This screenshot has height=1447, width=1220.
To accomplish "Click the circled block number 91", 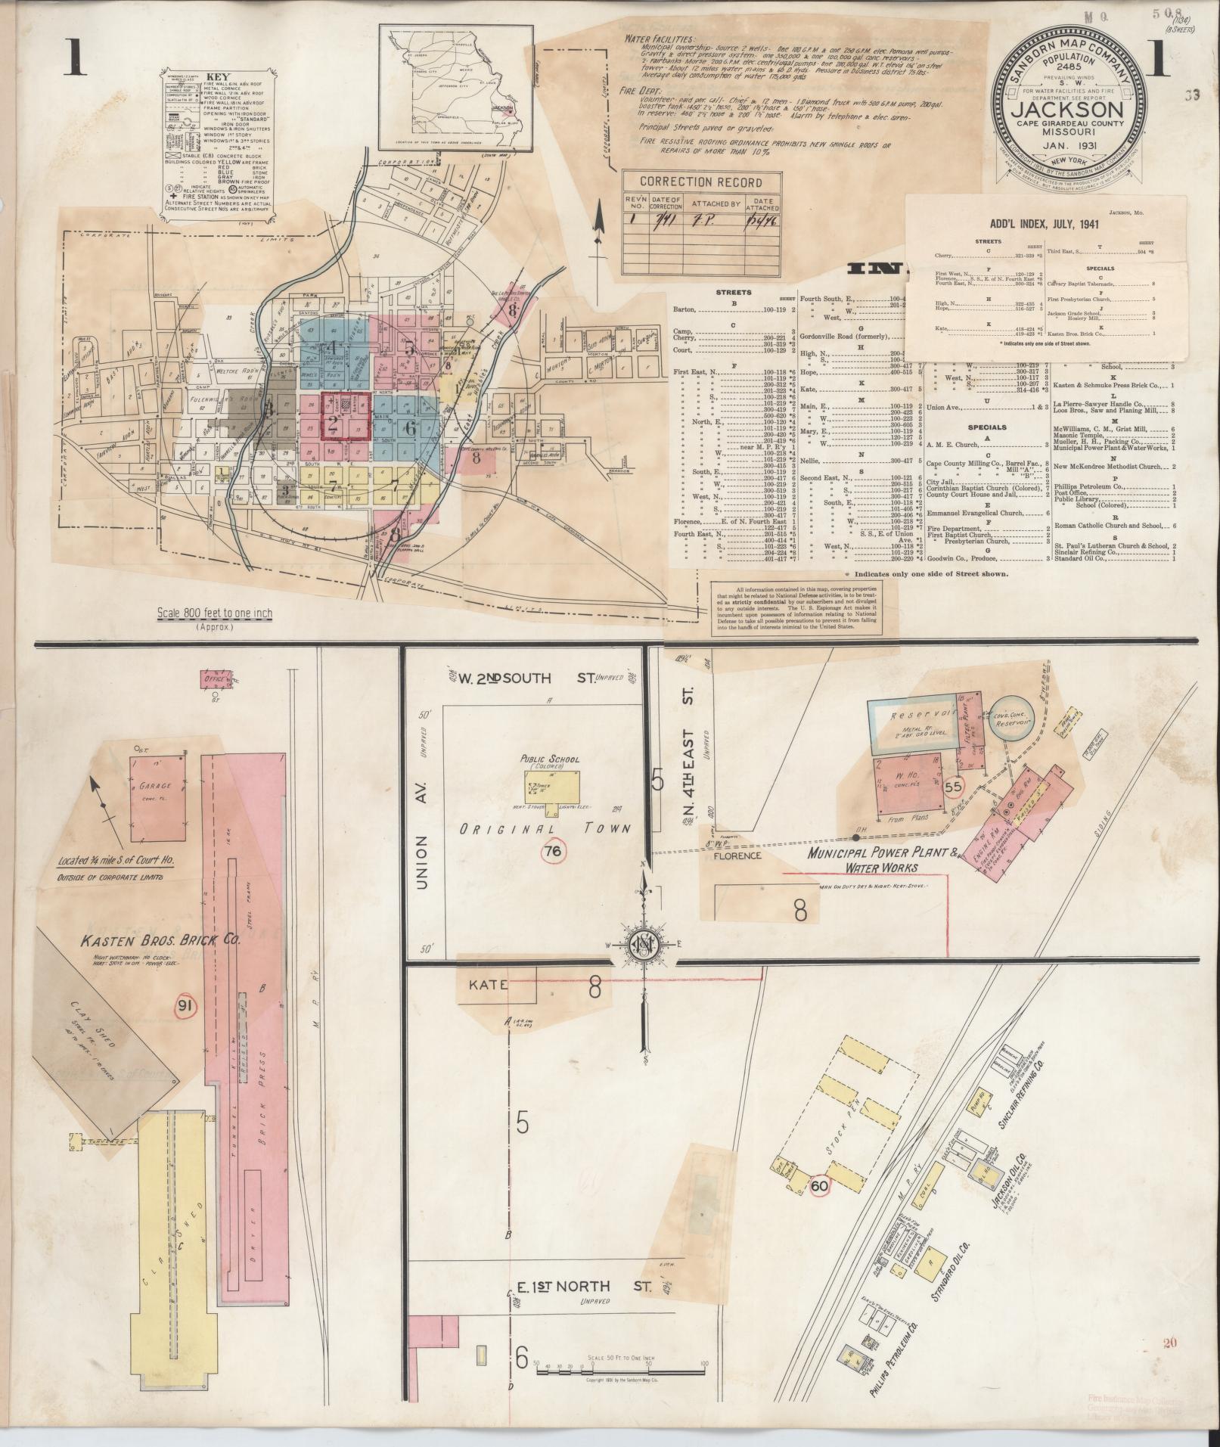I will click(x=183, y=1005).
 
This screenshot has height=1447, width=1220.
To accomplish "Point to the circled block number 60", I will click(x=819, y=1185).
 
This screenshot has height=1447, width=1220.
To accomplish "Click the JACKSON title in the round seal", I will click(x=1067, y=111).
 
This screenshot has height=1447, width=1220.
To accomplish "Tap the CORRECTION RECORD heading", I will click(x=701, y=182).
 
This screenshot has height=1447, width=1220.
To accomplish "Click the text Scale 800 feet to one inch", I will click(x=214, y=613).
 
